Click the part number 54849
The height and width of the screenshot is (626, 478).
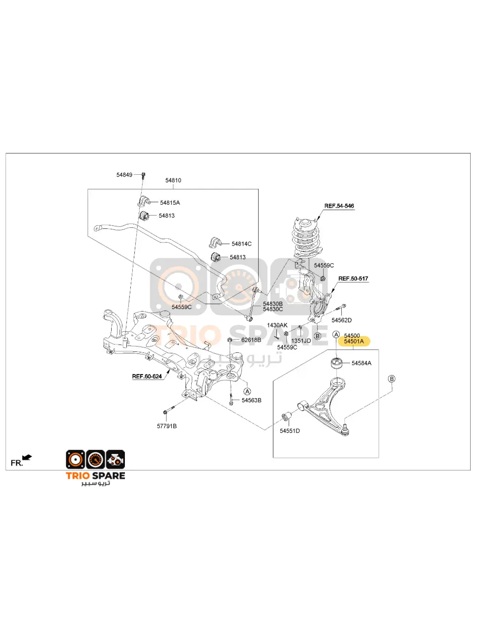(124, 175)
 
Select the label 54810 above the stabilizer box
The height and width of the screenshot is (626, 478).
(173, 181)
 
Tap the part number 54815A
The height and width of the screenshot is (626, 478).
(170, 202)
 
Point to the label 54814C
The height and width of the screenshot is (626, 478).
(241, 244)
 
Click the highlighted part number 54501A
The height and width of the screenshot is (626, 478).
(354, 341)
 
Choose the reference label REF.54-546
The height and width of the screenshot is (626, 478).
(339, 206)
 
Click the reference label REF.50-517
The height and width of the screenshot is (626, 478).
(353, 279)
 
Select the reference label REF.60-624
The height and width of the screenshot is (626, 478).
(147, 376)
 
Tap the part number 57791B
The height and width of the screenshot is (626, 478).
(167, 426)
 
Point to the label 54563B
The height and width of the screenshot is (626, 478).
(251, 401)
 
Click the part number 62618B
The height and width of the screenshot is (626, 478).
(251, 340)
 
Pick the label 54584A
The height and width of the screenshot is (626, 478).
(361, 363)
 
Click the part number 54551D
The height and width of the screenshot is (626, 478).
(290, 431)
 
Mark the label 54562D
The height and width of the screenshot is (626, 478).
(341, 320)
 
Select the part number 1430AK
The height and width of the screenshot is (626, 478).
(277, 325)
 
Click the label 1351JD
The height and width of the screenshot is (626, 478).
(301, 341)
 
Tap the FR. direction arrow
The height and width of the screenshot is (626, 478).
(27, 458)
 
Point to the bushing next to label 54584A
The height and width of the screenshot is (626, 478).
(336, 363)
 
